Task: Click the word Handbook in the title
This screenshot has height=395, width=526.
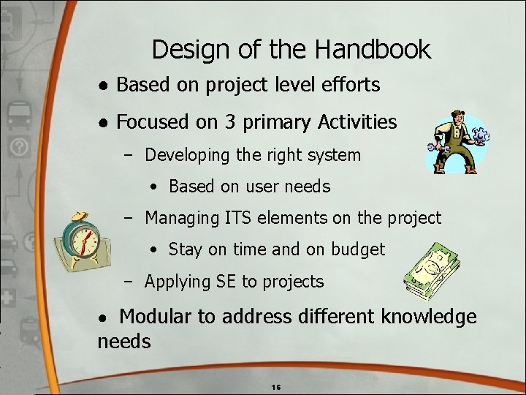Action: (x=373, y=50)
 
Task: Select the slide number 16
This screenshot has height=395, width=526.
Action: (x=275, y=386)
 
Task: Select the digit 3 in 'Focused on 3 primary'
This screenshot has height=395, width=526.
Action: (x=229, y=122)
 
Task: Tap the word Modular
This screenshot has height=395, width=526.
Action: (x=159, y=317)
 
